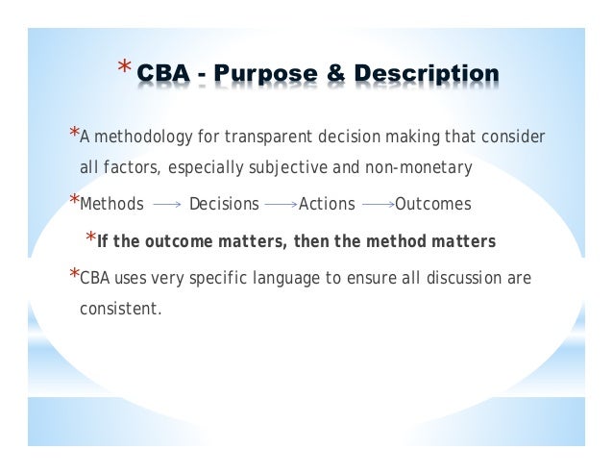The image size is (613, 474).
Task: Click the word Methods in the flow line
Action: pos(112,204)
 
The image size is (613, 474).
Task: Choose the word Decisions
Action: pos(224,204)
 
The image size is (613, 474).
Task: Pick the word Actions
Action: pos(327,204)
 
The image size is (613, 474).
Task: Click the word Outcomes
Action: pos(433,204)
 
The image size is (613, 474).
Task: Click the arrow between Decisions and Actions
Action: pos(280,205)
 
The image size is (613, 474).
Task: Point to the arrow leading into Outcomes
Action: pos(378,205)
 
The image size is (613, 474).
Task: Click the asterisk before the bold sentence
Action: pos(90,238)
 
